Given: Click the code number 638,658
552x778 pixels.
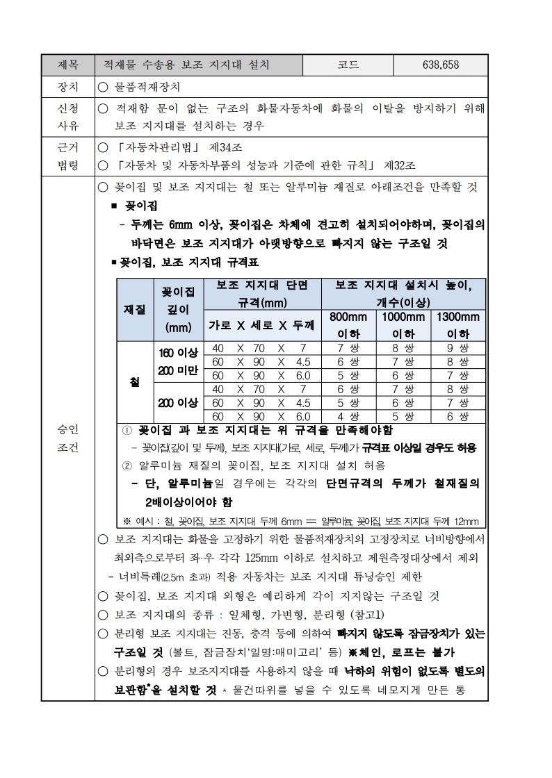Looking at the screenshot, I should [440, 65].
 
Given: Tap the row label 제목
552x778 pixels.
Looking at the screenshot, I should [67, 65].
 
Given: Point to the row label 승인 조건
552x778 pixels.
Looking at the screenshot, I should [67, 438].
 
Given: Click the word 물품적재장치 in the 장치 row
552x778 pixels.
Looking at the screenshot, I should [147, 88].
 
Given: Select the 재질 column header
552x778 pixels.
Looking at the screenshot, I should [134, 308].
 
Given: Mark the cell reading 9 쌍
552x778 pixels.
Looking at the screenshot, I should [458, 348].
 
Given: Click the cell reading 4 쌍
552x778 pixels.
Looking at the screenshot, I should [348, 416].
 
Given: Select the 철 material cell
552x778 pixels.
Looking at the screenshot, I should [134, 382].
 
